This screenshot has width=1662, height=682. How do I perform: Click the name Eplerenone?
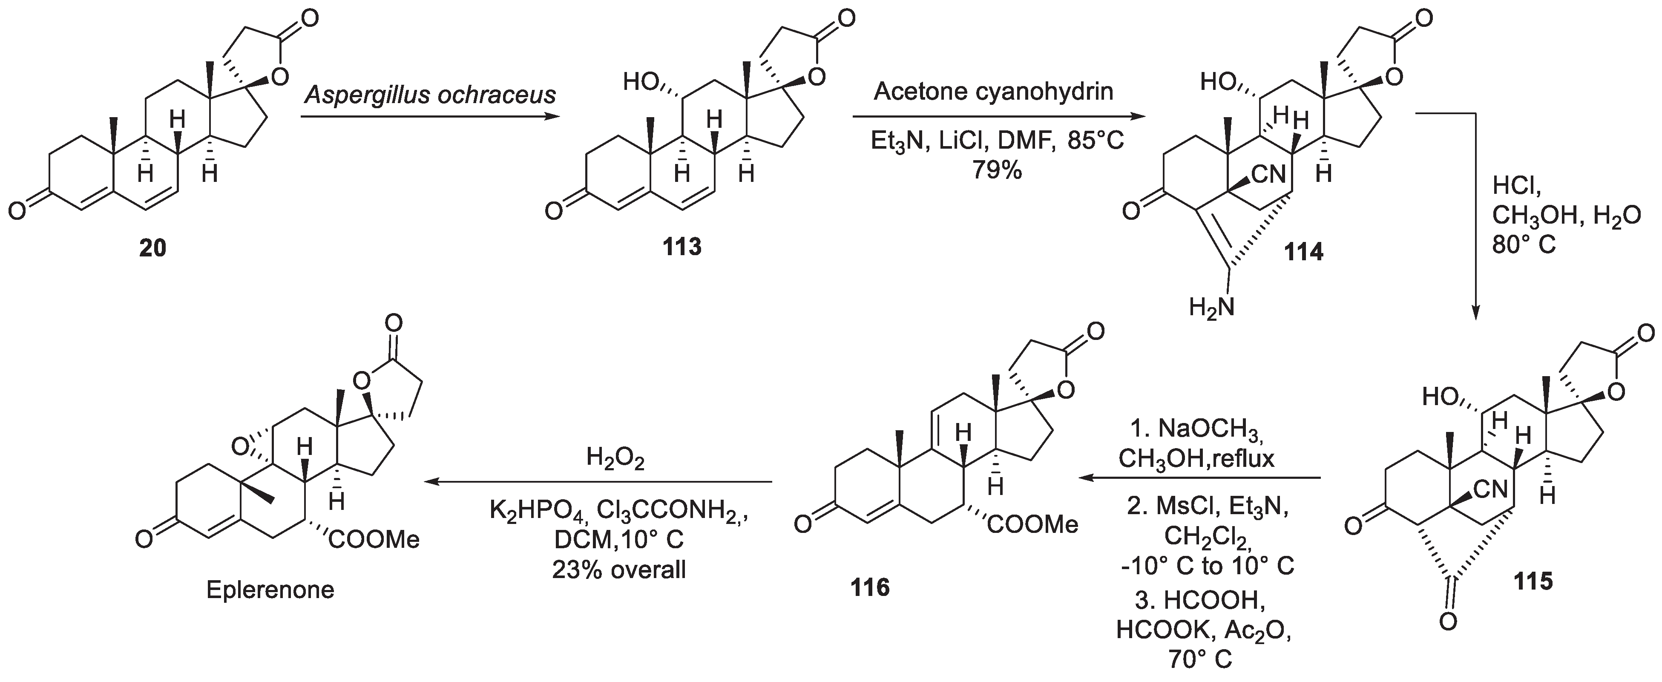pyautogui.click(x=270, y=590)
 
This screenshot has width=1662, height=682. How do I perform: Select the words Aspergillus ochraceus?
pyautogui.click(x=430, y=95)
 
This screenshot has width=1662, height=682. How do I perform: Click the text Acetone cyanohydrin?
pyautogui.click(x=994, y=92)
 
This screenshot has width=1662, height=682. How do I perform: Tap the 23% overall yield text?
pyautogui.click(x=619, y=569)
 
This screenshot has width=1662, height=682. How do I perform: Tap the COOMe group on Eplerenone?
pyautogui.click(x=374, y=539)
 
